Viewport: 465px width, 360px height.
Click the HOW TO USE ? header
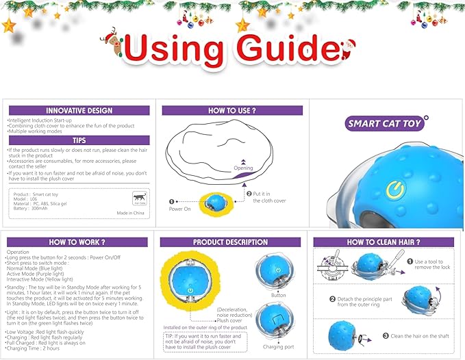tap(232, 110)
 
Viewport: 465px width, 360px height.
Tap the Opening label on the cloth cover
tap(243, 168)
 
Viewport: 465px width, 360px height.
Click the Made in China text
tap(131, 213)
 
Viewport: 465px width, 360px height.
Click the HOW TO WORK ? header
tap(77, 242)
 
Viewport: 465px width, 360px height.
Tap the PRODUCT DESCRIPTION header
tap(231, 242)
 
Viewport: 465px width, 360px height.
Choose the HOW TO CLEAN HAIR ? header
tap(384, 242)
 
